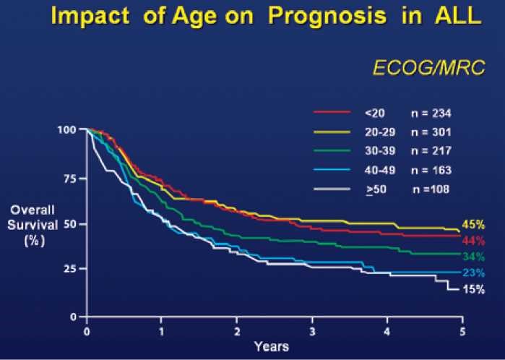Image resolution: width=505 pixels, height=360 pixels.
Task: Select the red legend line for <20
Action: tap(332, 113)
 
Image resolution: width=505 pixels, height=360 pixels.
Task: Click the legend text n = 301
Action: tap(431, 132)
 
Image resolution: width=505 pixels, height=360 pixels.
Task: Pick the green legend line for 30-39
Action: tap(332, 151)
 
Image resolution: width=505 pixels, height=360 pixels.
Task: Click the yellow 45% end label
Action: tap(472, 224)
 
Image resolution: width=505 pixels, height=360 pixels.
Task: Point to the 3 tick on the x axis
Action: tap(311, 330)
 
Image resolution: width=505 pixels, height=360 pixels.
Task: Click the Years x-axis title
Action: tap(272, 346)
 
